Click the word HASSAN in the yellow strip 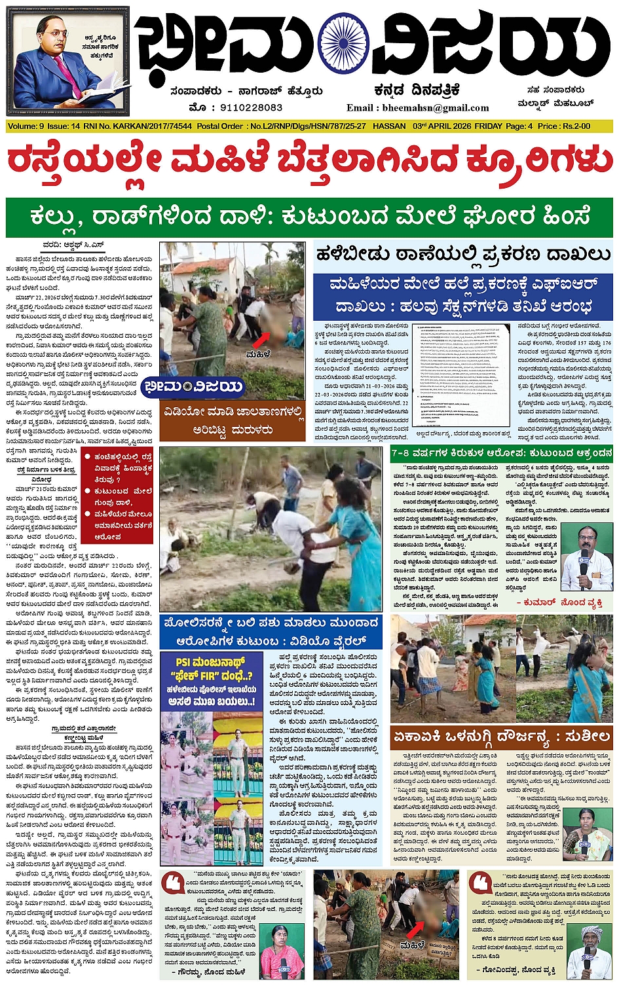click(388, 126)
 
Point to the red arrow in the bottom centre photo click(415, 930)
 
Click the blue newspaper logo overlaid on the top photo click(193, 386)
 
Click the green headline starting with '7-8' click(501, 452)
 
